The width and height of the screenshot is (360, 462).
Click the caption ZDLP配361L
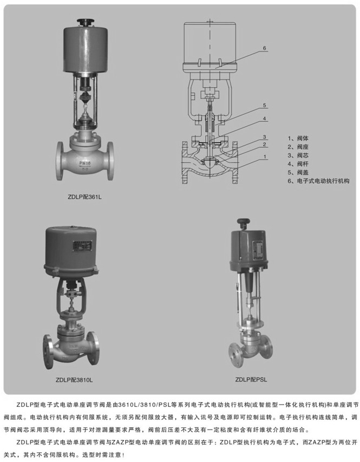pyautogui.click(x=84, y=197)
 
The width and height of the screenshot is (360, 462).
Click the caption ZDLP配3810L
pyautogui.click(x=74, y=380)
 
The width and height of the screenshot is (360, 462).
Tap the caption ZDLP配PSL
pyautogui.click(x=251, y=380)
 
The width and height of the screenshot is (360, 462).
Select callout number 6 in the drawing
pyautogui.click(x=264, y=48)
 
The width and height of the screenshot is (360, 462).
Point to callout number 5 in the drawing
pyautogui.click(x=264, y=105)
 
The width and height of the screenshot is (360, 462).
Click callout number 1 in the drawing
pyautogui.click(x=265, y=157)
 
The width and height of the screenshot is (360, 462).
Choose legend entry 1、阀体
pyautogui.click(x=298, y=138)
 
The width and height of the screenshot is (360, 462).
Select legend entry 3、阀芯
pyautogui.click(x=298, y=155)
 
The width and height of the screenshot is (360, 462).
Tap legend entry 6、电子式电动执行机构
pyautogui.click(x=318, y=180)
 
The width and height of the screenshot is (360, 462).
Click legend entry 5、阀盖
pyautogui.click(x=298, y=172)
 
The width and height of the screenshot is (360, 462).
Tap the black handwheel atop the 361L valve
pyautogui.click(x=86, y=22)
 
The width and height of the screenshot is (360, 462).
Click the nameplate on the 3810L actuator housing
pyautogui.click(x=82, y=246)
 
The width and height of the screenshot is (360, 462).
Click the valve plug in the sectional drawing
pyautogui.click(x=210, y=163)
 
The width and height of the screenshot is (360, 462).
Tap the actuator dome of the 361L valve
pyautogui.click(x=86, y=50)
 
